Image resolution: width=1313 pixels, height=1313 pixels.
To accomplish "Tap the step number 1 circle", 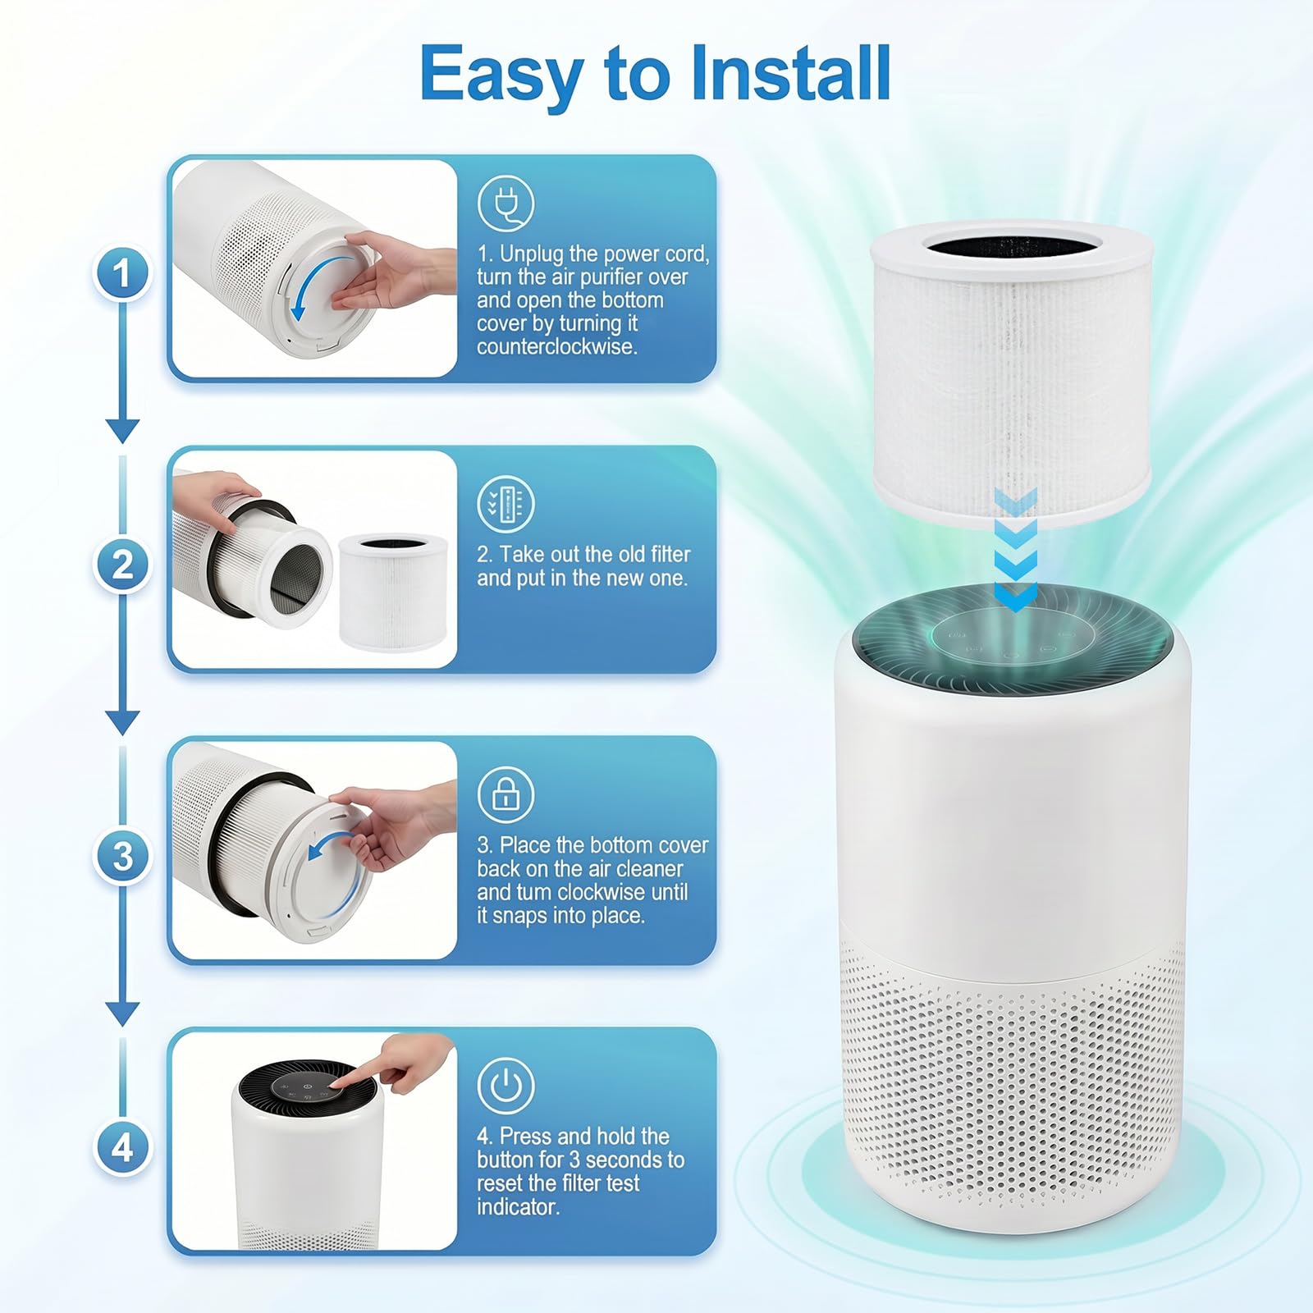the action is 123,273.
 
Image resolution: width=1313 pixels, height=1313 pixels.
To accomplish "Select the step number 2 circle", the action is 123,565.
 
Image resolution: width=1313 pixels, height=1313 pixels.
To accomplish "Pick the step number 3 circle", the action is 123,856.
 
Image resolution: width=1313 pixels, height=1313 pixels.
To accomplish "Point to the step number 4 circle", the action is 123,1147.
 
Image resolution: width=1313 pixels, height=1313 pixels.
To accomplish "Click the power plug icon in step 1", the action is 506,204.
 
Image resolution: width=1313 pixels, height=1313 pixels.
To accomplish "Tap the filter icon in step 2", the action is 506,503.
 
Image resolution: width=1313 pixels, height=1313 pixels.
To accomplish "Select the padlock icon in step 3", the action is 506,794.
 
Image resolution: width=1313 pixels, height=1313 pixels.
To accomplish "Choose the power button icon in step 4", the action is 506,1086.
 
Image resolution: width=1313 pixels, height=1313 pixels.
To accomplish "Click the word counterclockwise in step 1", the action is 557,346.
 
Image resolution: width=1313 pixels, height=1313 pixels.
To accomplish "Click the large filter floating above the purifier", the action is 1011,373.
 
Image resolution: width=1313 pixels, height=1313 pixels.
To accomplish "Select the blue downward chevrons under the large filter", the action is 1016,550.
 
